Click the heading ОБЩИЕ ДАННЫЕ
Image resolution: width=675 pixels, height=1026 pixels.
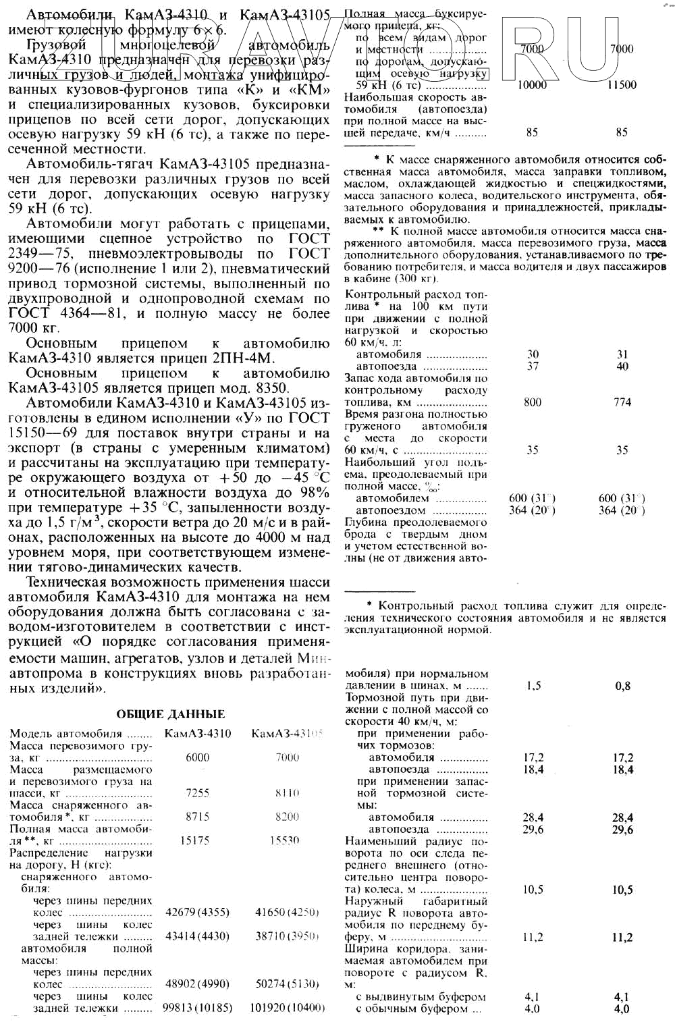pos(171,714)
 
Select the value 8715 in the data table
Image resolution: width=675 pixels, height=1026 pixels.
pos(197,817)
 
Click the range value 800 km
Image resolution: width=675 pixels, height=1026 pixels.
pos(533,402)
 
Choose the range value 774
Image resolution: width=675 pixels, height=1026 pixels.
pos(622,402)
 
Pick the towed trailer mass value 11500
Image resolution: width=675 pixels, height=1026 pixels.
pos(622,85)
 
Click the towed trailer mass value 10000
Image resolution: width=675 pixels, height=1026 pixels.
pos(532,85)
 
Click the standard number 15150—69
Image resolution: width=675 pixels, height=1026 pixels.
pos(40,433)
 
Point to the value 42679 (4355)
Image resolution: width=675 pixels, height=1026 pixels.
pos(197,913)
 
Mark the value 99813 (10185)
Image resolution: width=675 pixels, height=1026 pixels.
pos(197,1008)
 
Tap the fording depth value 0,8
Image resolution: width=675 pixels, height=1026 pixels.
pos(622,686)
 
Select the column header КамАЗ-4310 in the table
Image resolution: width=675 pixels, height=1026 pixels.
pos(197,734)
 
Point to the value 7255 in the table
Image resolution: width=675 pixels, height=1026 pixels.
pos(197,793)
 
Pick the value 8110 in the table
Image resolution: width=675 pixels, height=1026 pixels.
pos(288,793)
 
